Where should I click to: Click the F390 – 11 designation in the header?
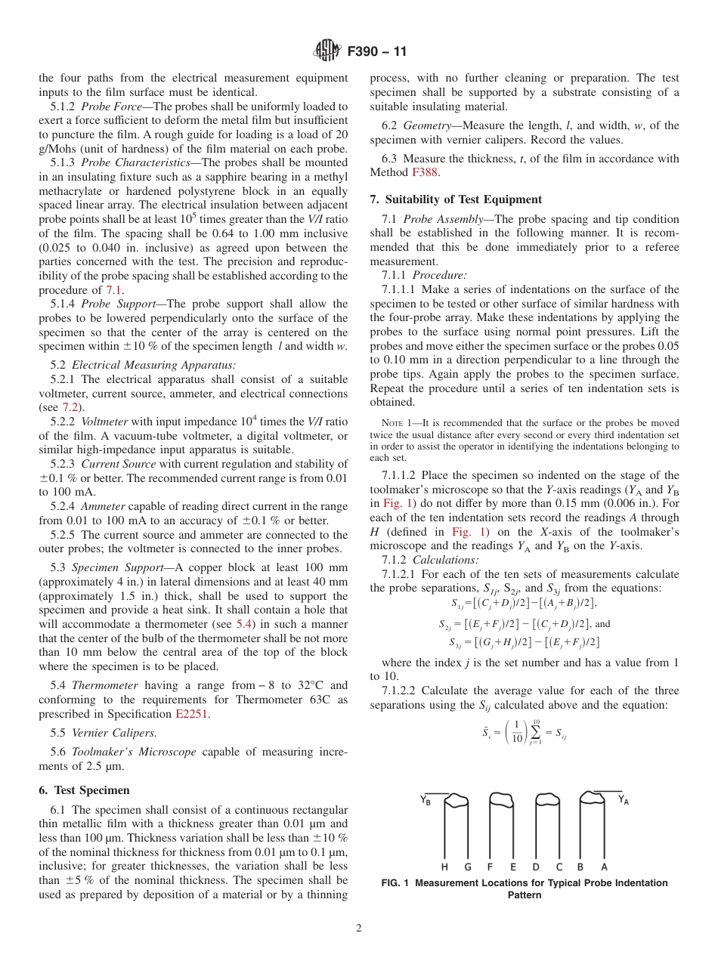[377, 52]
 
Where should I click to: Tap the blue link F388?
[425, 172]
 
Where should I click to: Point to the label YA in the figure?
[624, 799]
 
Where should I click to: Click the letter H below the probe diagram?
[445, 867]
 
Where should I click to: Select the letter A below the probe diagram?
[605, 867]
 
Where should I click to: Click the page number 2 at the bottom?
[359, 929]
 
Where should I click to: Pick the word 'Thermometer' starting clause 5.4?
[105, 685]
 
